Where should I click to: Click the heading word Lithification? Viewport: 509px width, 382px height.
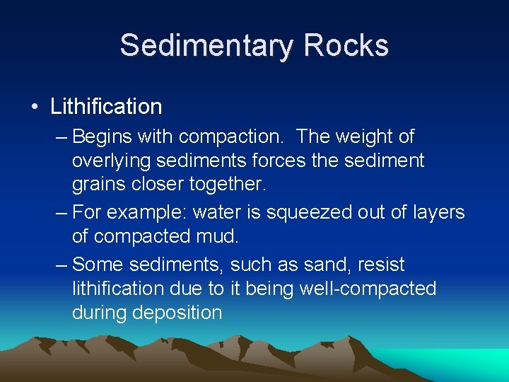click(106, 107)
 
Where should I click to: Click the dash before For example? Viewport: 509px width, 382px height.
click(62, 212)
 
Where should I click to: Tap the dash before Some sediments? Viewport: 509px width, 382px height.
click(62, 265)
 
